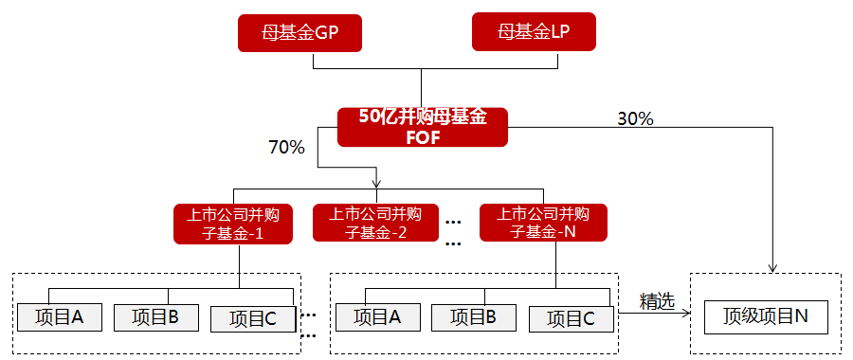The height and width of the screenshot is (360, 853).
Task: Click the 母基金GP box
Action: [299, 35]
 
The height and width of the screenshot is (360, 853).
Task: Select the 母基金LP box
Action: [533, 35]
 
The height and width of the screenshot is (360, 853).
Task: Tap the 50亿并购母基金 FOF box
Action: [423, 127]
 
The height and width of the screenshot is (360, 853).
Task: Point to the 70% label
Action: [286, 147]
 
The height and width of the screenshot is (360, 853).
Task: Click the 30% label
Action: [635, 118]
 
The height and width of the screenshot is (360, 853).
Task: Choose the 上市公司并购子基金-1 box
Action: [233, 224]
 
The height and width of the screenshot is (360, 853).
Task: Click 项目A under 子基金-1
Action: [60, 317]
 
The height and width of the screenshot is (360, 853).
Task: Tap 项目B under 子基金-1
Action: [155, 317]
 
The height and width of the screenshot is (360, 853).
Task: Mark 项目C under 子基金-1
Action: [251, 319]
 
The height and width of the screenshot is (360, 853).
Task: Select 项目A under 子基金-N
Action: [376, 317]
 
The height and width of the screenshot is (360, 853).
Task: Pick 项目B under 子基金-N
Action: [473, 317]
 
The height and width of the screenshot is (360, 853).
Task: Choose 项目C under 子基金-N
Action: [570, 319]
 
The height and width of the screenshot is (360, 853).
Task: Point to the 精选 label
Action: [657, 301]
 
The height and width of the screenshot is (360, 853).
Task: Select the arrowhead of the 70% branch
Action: [377, 182]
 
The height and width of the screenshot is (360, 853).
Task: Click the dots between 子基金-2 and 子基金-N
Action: [452, 232]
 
